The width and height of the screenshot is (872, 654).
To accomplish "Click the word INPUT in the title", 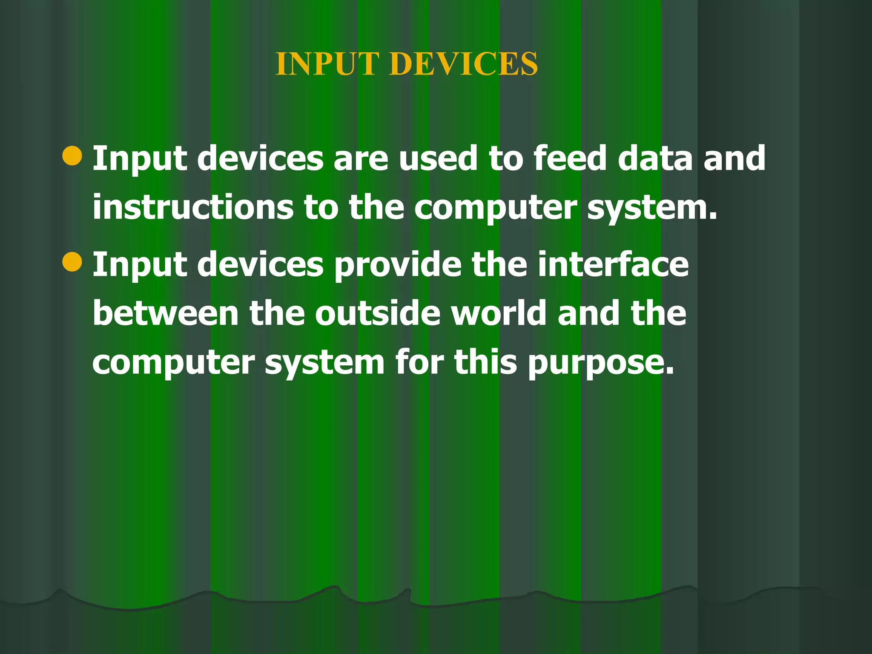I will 327,64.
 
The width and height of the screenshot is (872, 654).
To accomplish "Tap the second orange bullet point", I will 72,261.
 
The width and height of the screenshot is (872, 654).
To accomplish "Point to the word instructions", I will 193,207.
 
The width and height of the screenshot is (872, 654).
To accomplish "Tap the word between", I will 166,313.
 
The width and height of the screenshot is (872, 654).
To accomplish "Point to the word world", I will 499,313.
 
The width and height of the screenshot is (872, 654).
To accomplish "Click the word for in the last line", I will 419,362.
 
